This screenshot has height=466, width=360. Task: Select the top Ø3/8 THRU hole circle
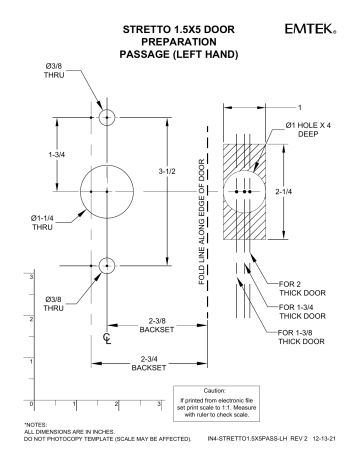(x=107, y=117)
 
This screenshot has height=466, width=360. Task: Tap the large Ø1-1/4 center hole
(x=107, y=190)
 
